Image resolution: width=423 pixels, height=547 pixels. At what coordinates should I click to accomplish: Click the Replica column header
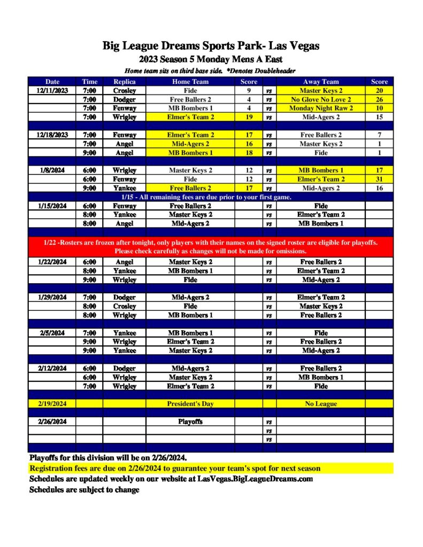(124, 82)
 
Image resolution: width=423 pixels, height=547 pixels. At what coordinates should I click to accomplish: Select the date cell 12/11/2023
(52, 91)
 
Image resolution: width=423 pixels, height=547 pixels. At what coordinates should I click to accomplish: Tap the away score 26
(379, 99)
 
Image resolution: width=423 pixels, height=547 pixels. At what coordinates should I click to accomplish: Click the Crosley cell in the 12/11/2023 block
(124, 91)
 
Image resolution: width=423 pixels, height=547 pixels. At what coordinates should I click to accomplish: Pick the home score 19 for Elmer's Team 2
(249, 117)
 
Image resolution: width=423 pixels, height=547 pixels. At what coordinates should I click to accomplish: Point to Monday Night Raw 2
(321, 108)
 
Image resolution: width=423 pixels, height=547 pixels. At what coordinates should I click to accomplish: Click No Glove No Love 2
(321, 99)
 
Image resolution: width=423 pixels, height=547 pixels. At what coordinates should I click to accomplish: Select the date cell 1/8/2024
(52, 170)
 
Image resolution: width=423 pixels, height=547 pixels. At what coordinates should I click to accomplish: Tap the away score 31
(379, 179)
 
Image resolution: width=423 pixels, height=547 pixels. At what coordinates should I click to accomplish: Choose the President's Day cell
(190, 404)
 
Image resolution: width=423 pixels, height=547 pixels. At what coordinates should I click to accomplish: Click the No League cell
(321, 404)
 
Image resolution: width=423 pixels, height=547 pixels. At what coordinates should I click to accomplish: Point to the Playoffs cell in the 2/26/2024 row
(190, 421)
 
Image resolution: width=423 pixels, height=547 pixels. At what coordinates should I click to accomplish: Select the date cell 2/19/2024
(52, 404)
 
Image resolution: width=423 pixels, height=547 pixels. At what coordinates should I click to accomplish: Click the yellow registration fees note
(175, 468)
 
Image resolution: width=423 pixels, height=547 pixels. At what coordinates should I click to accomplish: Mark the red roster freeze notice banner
(211, 246)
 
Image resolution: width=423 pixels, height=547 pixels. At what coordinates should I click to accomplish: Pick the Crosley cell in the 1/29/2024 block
(124, 306)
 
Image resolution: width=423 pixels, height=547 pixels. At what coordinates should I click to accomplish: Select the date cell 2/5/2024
(52, 333)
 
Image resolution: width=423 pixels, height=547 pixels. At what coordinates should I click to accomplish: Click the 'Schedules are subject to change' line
(84, 489)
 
